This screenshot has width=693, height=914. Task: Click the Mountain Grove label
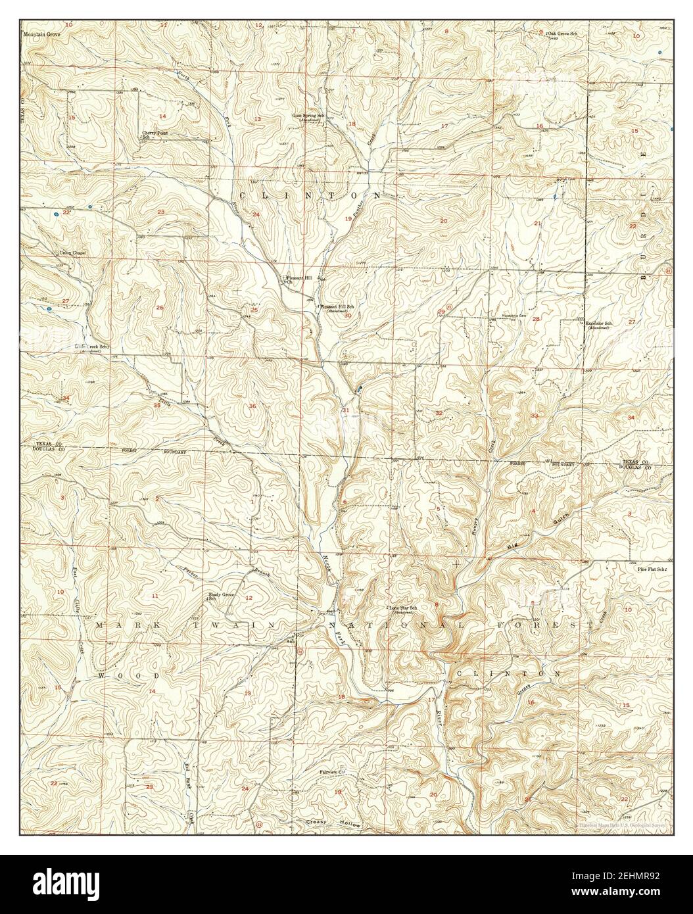[41, 33]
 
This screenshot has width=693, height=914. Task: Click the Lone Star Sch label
[403, 608]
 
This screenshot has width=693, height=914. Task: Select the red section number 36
[253, 406]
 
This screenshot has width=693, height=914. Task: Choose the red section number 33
[535, 416]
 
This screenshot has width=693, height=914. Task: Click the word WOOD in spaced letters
[129, 675]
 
